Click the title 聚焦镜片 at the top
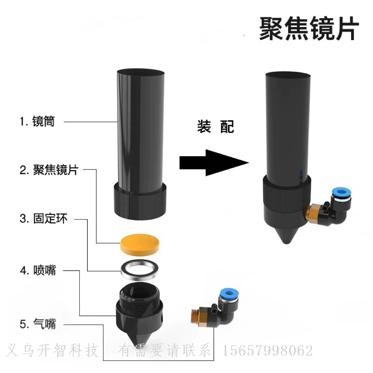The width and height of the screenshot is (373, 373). [x=309, y=28]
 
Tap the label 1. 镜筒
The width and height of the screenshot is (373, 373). [x=38, y=121]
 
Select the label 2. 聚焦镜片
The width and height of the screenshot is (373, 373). [x=49, y=170]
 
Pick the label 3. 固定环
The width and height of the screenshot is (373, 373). [x=44, y=219]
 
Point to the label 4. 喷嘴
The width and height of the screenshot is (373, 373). [x=38, y=270]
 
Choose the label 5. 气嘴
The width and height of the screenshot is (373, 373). [x=38, y=324]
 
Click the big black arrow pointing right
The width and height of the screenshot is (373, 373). [x=214, y=163]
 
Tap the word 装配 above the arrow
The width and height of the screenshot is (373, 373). [x=216, y=126]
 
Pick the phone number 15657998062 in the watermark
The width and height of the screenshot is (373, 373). [x=268, y=350]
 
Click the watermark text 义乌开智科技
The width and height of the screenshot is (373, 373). [x=51, y=350]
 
